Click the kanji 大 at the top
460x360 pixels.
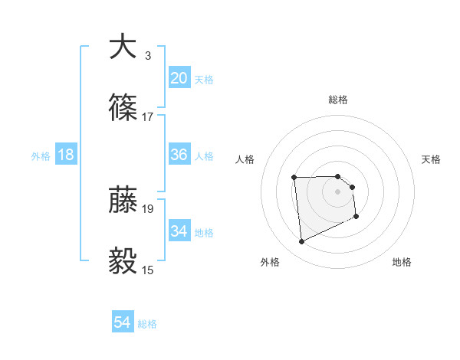tap(123, 47)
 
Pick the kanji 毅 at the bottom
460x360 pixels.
tap(123, 261)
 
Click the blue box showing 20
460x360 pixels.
tap(179, 77)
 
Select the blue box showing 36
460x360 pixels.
tap(179, 155)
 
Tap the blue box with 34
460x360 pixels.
tap(179, 231)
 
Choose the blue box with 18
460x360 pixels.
tap(66, 155)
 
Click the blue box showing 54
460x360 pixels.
tap(123, 322)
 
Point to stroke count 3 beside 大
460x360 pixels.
tap(148, 56)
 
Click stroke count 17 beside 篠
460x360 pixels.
tap(148, 117)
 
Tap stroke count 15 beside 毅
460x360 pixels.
tap(148, 270)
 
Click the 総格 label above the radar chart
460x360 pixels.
tap(338, 100)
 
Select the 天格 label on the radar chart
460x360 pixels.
tap(432, 159)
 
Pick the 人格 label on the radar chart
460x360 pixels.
tap(245, 159)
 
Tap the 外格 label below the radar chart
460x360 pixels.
tap(270, 262)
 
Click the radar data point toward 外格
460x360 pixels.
tap(302, 242)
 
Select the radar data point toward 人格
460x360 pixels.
tap(294, 178)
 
